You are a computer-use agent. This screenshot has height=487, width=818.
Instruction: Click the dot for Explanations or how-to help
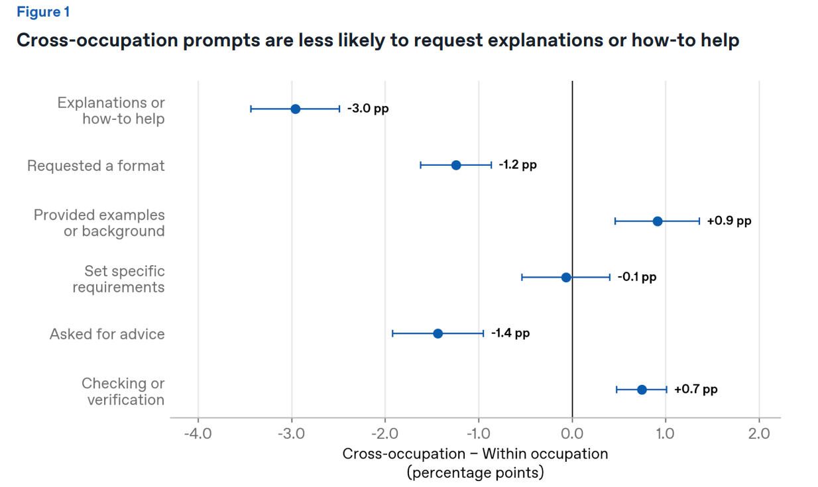[x=296, y=109]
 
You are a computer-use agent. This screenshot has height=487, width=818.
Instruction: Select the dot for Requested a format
[x=456, y=165]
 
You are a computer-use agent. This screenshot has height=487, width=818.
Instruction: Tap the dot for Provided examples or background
[x=658, y=221]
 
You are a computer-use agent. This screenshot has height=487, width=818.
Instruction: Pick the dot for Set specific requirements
[x=565, y=278]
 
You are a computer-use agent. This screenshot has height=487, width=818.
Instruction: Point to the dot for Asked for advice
[x=438, y=333]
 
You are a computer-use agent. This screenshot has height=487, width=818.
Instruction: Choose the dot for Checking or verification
[x=642, y=390]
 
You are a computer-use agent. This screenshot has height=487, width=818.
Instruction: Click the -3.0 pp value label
[x=368, y=109]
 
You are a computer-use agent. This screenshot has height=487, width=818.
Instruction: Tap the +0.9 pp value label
[x=729, y=221]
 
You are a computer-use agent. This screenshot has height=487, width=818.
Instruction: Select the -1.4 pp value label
[x=510, y=333]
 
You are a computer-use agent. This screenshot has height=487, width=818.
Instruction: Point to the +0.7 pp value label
[x=695, y=389]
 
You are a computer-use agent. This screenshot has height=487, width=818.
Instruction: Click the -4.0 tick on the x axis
[x=198, y=434]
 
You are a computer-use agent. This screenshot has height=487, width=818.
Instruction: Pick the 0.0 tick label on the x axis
[x=572, y=434]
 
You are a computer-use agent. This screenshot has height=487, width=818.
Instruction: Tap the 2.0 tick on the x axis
[x=759, y=434]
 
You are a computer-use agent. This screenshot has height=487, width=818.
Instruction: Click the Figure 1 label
[x=43, y=12]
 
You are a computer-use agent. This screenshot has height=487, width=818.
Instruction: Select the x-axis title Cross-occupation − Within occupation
[x=475, y=454]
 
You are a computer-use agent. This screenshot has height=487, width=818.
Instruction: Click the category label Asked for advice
[x=107, y=334]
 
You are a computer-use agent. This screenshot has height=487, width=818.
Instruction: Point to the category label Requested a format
[x=95, y=166]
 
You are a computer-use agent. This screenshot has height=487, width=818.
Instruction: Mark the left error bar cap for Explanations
[x=251, y=109]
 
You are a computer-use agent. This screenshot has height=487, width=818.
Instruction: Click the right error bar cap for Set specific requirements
[x=609, y=278]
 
